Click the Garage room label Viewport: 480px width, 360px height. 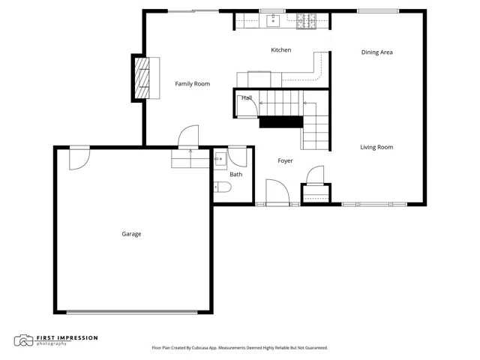(x=131, y=234)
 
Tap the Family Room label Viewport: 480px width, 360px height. (x=193, y=84)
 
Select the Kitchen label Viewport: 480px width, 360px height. (x=281, y=50)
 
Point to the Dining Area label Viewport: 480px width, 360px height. (x=376, y=52)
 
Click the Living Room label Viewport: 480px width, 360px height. (x=376, y=147)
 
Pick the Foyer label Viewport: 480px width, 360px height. (x=285, y=160)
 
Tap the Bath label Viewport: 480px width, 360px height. (x=236, y=174)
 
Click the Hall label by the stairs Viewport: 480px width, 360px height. (x=247, y=98)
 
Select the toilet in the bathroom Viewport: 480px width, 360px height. (x=222, y=187)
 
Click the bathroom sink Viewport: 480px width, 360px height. (x=220, y=159)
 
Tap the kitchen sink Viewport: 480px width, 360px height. (x=273, y=21)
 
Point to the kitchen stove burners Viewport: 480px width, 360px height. (x=306, y=21)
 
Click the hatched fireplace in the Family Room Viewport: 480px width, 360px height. (x=142, y=78)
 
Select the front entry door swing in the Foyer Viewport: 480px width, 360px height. (x=277, y=192)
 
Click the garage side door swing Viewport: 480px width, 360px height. (x=79, y=158)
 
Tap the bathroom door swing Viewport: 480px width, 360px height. (x=237, y=157)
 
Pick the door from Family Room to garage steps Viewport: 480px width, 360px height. (x=188, y=136)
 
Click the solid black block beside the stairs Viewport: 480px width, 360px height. (x=281, y=122)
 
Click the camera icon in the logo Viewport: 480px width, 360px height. (x=23, y=340)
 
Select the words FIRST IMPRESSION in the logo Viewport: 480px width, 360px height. (x=67, y=338)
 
